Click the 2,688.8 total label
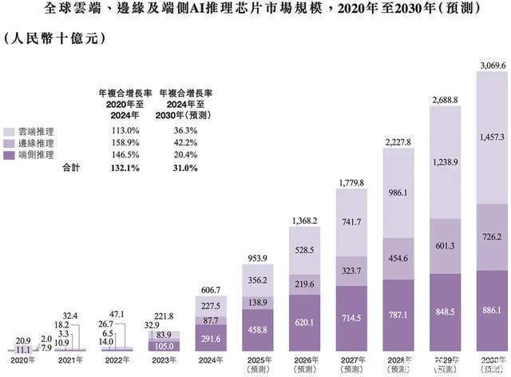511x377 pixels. (446, 101)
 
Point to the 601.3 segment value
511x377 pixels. (446, 246)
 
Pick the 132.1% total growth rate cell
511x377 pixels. (114, 168)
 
